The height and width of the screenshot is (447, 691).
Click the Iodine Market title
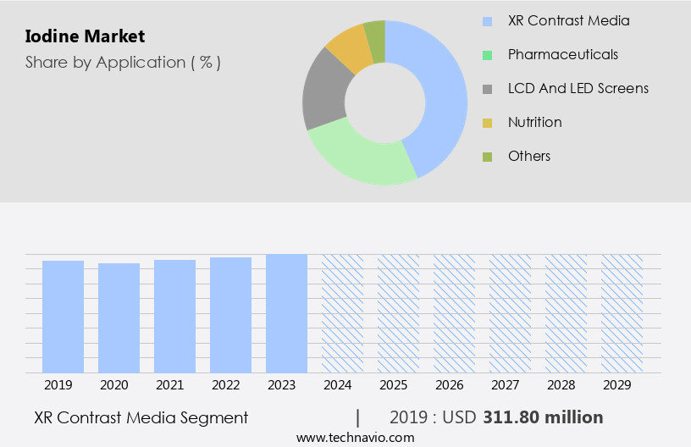click(85, 36)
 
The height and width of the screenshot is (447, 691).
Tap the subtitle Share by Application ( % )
click(123, 63)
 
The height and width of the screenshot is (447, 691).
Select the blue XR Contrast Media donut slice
click(440, 93)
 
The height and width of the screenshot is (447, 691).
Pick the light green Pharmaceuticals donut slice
click(360, 156)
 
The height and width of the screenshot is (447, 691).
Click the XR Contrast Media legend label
click(569, 20)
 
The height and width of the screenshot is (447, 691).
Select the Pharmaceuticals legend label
click(563, 54)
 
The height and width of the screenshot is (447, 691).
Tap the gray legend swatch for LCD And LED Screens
click(487, 89)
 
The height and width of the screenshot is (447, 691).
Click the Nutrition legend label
click(535, 122)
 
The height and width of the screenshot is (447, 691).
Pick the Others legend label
click(529, 156)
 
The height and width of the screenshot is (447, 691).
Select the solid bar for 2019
click(63, 317)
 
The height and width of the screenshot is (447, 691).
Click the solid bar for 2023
click(286, 313)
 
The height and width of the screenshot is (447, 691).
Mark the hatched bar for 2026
click(454, 313)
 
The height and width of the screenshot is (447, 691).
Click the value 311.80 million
click(543, 417)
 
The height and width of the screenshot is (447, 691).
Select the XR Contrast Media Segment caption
click(141, 417)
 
